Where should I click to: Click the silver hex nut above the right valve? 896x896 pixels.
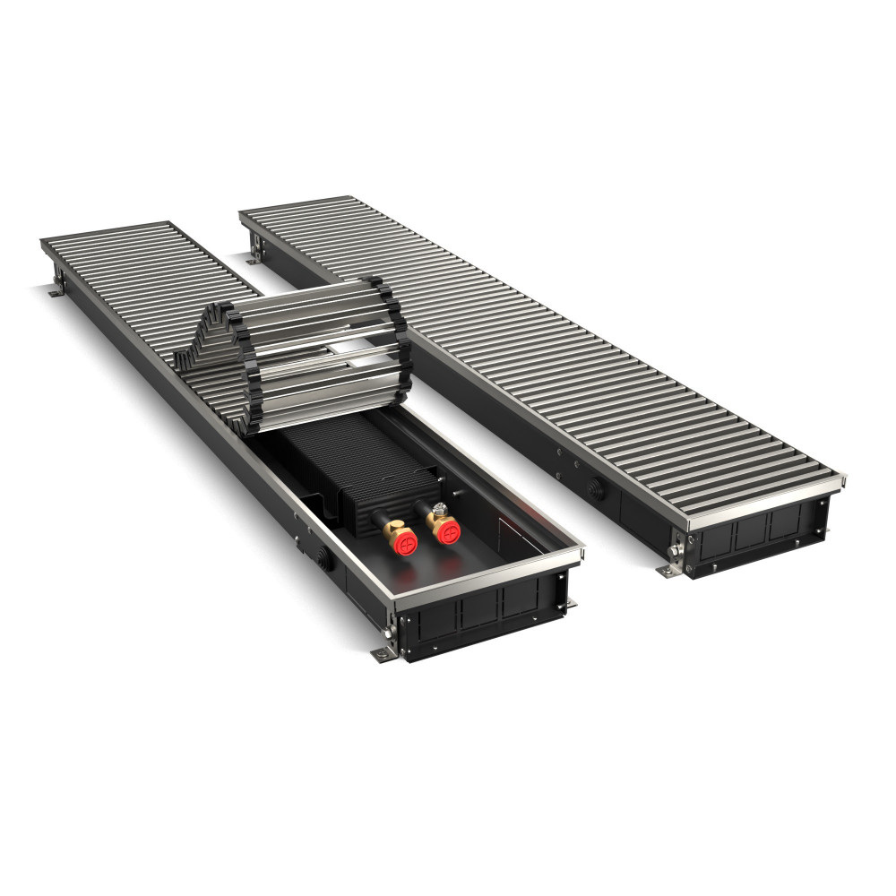(x=440, y=509)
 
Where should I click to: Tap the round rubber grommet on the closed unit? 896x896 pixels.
(x=595, y=489)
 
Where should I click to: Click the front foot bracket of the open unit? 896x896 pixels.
(x=384, y=652)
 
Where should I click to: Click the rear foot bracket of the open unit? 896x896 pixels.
(x=56, y=289)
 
